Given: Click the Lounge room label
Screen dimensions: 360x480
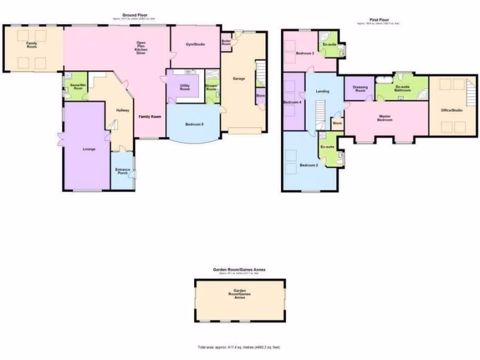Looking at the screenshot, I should click(x=89, y=149).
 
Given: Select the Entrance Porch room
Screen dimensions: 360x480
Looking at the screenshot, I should click(x=122, y=172).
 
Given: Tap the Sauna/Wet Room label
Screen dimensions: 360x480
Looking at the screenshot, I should click(x=75, y=87).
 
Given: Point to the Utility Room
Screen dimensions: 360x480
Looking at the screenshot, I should click(x=185, y=87).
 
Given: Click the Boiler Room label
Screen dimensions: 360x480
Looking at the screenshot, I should click(x=226, y=42).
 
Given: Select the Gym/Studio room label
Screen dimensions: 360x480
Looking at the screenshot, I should click(x=195, y=44).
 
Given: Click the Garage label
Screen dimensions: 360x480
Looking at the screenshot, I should click(x=239, y=78).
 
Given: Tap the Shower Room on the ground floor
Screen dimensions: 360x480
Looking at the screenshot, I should click(x=211, y=87).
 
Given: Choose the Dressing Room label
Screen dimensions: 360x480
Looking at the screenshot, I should click(x=360, y=89).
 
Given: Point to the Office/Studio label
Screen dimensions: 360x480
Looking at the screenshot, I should click(x=451, y=110).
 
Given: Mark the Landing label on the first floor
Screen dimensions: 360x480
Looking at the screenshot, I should click(x=322, y=91).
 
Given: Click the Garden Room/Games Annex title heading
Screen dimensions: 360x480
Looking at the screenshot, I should click(x=239, y=270).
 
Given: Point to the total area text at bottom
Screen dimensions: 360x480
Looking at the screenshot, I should click(x=239, y=347).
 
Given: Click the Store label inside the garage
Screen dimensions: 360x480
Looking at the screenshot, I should click(x=260, y=96).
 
